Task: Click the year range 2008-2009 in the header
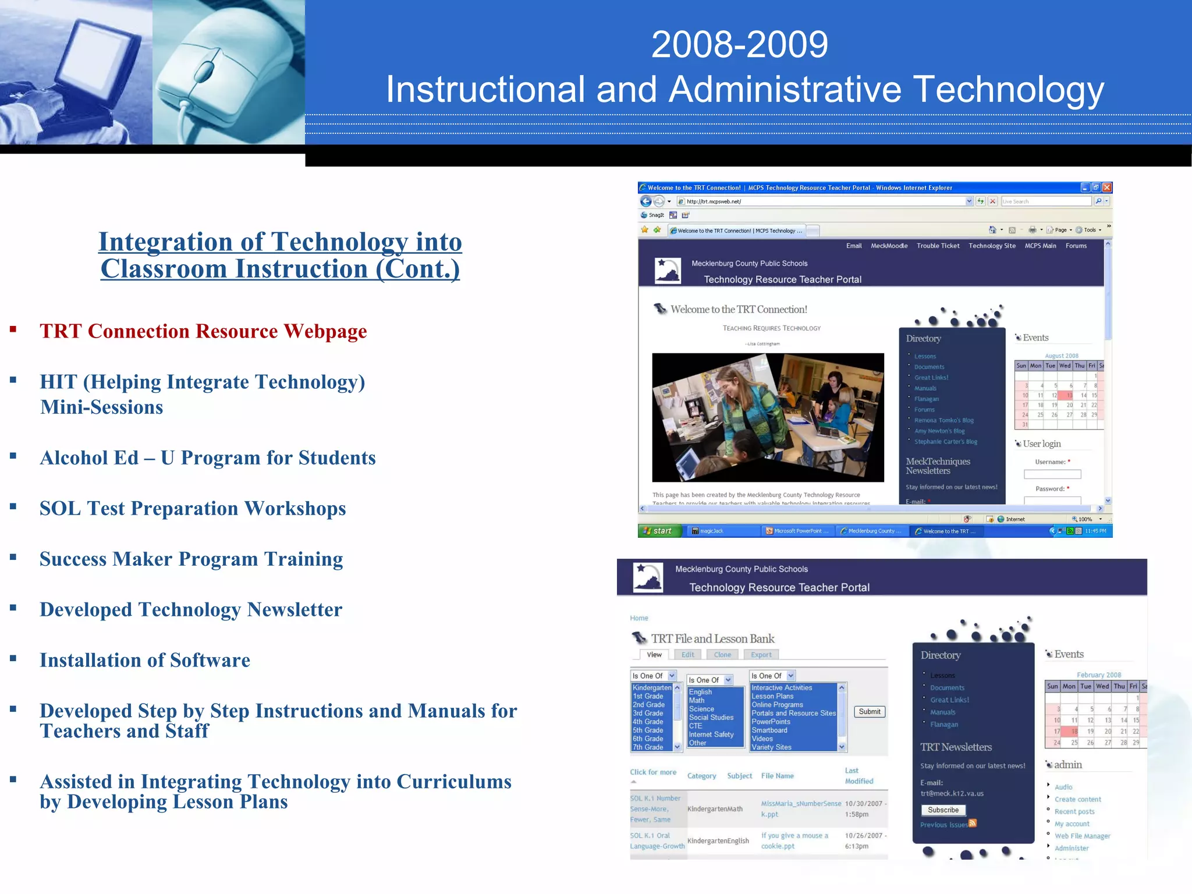[x=739, y=45]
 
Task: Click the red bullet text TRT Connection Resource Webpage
[x=203, y=331]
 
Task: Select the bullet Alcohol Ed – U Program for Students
[x=207, y=458]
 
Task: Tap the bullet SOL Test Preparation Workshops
[x=193, y=509]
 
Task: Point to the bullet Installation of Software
[x=145, y=661]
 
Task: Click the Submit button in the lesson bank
[x=870, y=712]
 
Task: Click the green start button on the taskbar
[x=659, y=531]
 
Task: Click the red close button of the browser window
[x=1107, y=187]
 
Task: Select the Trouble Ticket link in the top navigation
[x=938, y=246]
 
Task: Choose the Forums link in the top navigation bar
[x=1076, y=246]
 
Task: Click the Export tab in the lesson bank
[x=761, y=655]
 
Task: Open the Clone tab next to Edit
[x=722, y=655]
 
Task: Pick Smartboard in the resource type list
[x=769, y=730]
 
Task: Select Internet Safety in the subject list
[x=711, y=735]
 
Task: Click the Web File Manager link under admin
[x=1082, y=836]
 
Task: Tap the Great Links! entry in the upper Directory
[x=931, y=378]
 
